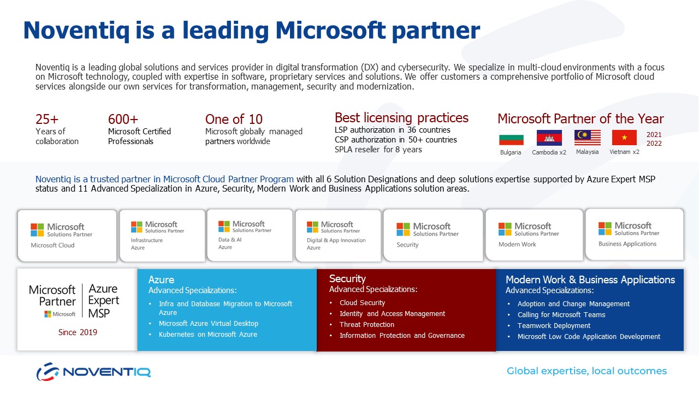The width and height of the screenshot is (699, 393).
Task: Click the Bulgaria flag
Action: (x=511, y=138)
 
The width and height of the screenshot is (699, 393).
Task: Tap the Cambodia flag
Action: (x=549, y=138)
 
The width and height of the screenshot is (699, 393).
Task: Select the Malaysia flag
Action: (x=587, y=138)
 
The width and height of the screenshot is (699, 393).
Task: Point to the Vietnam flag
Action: (x=624, y=138)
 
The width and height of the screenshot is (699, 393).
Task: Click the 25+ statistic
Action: (x=47, y=119)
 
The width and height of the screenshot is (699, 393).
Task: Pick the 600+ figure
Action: (x=123, y=119)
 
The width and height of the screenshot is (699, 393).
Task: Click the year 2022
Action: (x=654, y=144)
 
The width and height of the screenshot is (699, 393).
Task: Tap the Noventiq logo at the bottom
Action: (x=93, y=372)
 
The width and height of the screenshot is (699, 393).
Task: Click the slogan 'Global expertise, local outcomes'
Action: (x=587, y=371)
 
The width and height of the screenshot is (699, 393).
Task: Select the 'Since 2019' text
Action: (x=78, y=332)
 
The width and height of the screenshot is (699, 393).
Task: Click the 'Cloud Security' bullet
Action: (x=362, y=302)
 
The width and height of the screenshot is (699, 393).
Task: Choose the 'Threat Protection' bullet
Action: (x=366, y=324)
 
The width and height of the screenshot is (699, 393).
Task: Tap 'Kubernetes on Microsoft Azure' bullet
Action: (x=208, y=335)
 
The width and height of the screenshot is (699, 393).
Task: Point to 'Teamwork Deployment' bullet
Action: (x=554, y=326)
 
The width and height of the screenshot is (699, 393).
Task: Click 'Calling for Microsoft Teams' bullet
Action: (x=561, y=315)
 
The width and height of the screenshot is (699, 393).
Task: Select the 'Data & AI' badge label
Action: (x=230, y=240)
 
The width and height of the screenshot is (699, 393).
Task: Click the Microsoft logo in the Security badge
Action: (x=403, y=229)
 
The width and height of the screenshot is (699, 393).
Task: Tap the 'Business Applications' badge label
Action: (x=627, y=244)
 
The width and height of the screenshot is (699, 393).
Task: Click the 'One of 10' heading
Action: (x=234, y=119)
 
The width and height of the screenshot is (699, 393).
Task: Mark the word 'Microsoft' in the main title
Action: (x=330, y=30)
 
